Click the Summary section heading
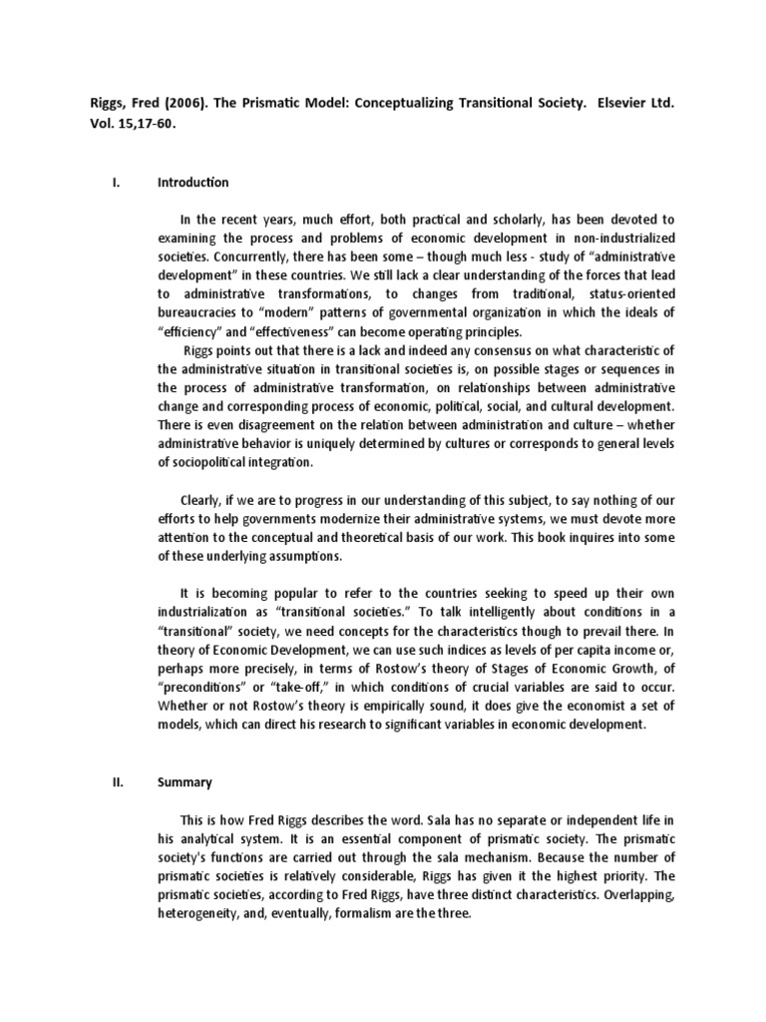point(185,782)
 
